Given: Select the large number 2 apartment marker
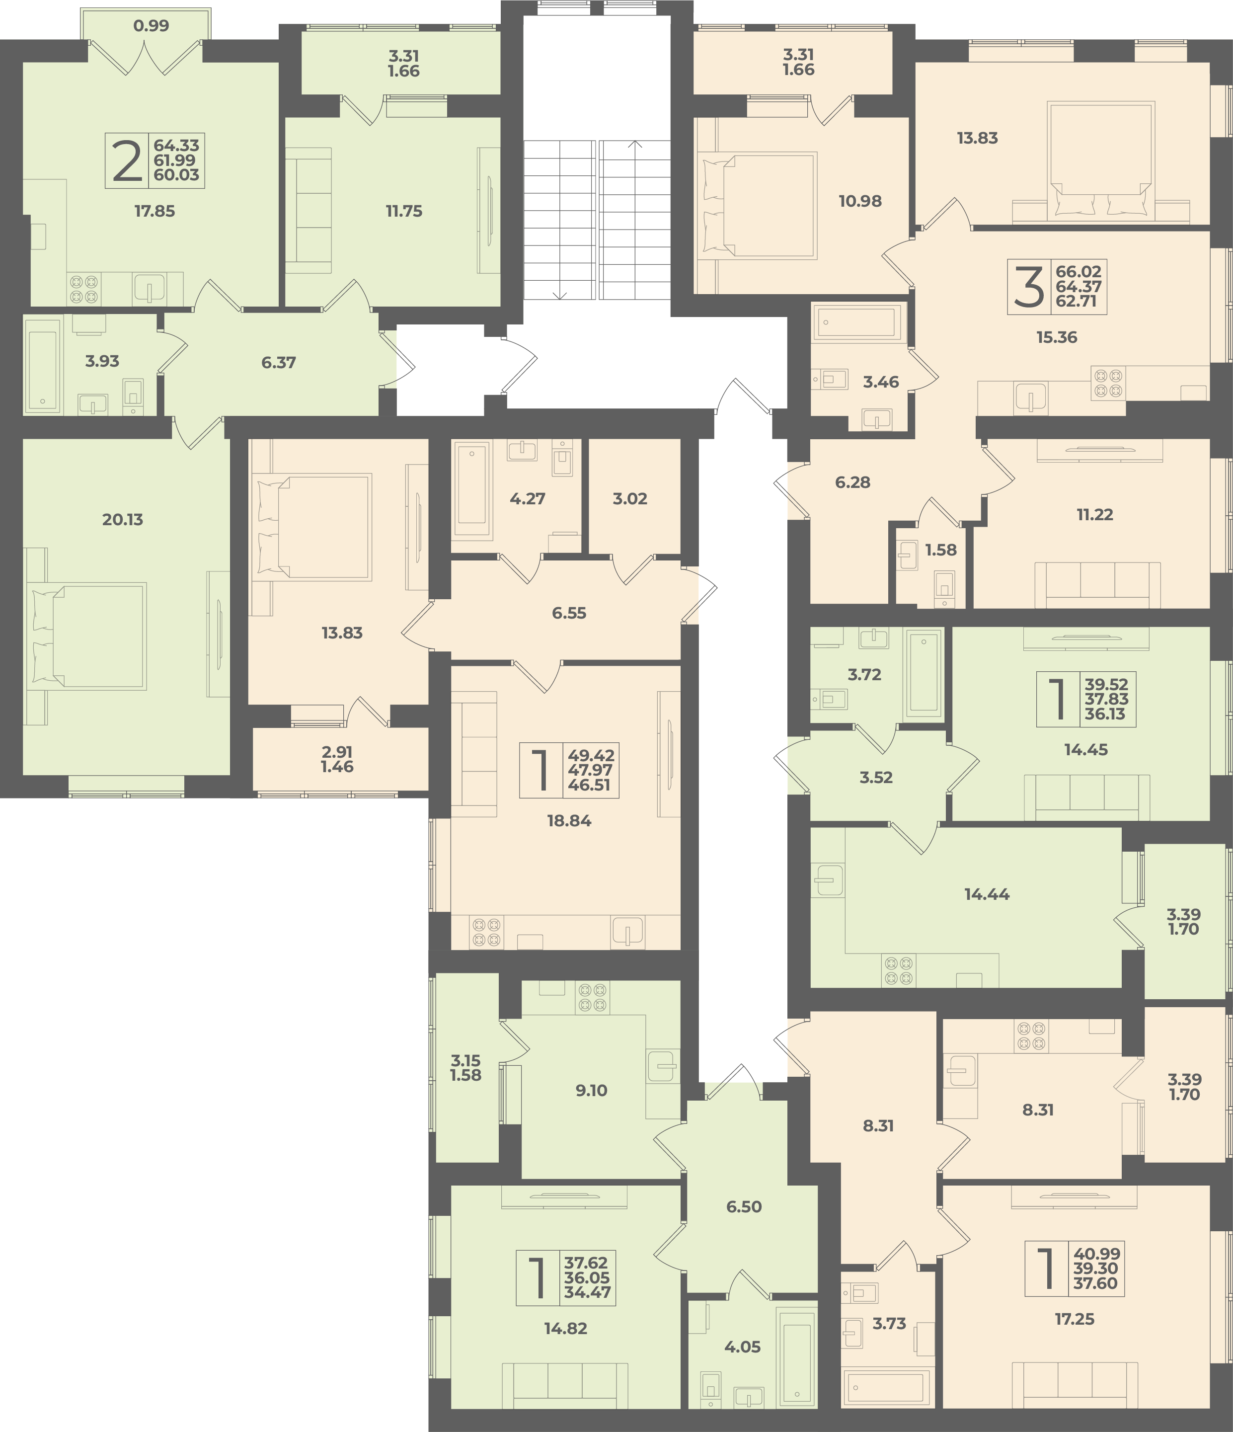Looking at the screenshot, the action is click(127, 161).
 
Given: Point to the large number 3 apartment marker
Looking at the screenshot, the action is click(1029, 288).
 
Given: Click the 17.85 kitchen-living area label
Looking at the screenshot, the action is click(155, 212).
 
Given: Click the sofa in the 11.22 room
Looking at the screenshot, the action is click(1097, 585).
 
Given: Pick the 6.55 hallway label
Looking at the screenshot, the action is click(569, 613).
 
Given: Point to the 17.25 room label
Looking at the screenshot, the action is click(1075, 1319).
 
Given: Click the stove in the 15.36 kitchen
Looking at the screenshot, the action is click(1108, 384).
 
